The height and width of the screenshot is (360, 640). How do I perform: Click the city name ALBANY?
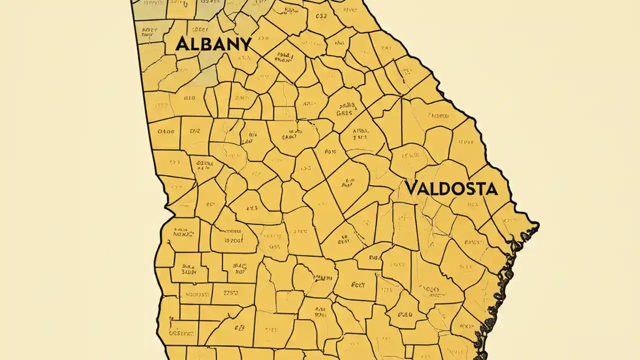click(213, 44)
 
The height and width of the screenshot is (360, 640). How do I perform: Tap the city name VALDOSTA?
click(451, 188)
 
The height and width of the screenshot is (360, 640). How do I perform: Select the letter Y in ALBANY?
click(244, 44)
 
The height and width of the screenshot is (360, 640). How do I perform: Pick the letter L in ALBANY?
click(193, 44)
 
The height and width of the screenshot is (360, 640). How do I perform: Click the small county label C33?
click(317, 15)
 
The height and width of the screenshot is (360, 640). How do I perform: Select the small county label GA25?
click(344, 113)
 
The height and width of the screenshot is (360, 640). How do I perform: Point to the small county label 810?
click(189, 98)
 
